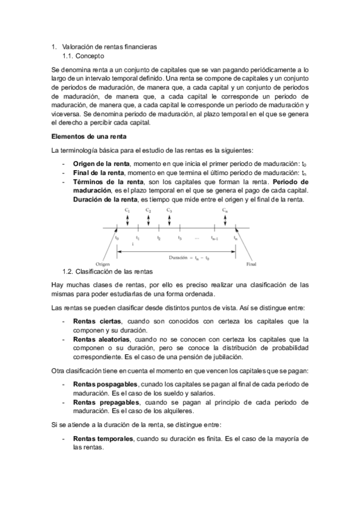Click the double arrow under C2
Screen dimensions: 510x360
148,220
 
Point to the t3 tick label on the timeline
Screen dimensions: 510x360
180,239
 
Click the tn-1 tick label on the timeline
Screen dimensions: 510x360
215,239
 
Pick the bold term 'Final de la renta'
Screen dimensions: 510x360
99,173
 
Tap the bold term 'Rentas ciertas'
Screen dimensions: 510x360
97,321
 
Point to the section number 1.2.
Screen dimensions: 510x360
69,271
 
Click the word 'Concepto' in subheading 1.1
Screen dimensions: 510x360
92,55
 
